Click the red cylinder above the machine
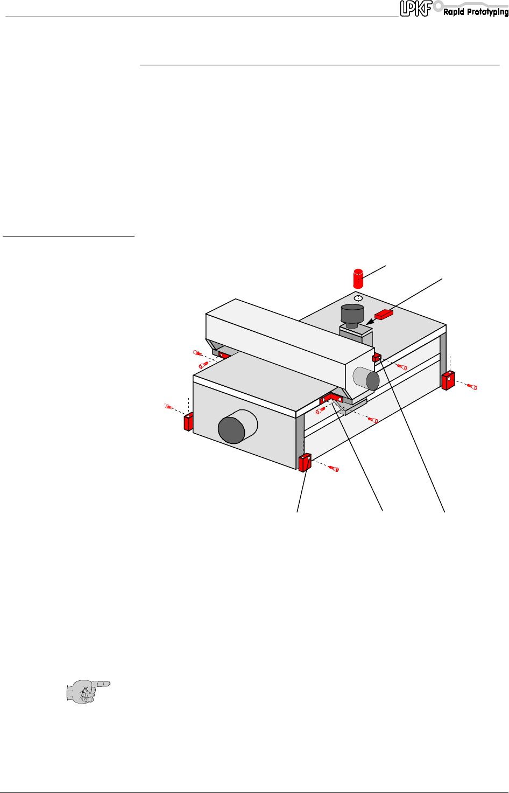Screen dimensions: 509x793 click(358, 279)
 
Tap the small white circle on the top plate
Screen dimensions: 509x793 click(358, 298)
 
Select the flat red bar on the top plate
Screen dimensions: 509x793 click(384, 315)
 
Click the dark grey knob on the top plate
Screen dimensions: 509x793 click(352, 316)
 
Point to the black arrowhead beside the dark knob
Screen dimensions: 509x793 click(369, 322)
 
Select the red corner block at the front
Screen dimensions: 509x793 click(305, 462)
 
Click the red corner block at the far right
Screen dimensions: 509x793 click(448, 380)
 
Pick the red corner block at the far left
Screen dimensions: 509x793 click(188, 421)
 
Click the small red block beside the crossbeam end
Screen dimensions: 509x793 click(377, 358)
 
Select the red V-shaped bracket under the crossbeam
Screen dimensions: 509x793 click(331, 399)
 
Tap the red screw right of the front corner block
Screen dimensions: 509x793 click(334, 469)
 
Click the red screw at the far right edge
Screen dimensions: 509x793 click(472, 387)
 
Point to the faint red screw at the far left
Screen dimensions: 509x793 click(168, 406)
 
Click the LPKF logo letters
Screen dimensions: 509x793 click(416, 8)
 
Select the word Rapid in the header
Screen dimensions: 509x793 click(454, 12)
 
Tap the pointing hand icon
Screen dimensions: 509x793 click(88, 691)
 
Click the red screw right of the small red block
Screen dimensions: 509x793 click(402, 367)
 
